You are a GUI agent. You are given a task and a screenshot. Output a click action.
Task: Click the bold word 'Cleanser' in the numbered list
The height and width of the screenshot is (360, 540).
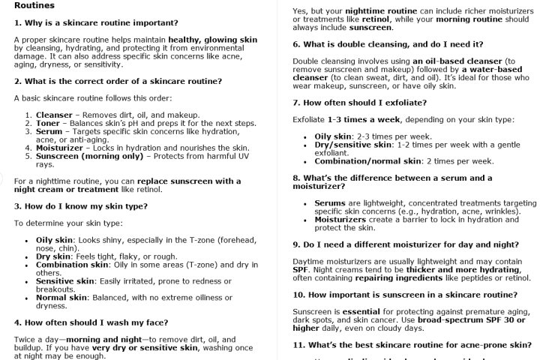(x=54, y=115)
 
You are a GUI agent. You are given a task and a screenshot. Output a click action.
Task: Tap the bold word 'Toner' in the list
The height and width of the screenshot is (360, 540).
(x=49, y=122)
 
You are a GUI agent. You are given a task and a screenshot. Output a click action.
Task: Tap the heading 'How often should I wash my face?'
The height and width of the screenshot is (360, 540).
(x=91, y=322)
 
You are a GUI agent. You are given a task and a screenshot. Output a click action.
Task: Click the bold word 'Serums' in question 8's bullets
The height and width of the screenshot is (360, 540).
(x=330, y=203)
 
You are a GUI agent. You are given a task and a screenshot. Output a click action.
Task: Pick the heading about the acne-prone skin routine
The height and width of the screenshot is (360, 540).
(x=410, y=343)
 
